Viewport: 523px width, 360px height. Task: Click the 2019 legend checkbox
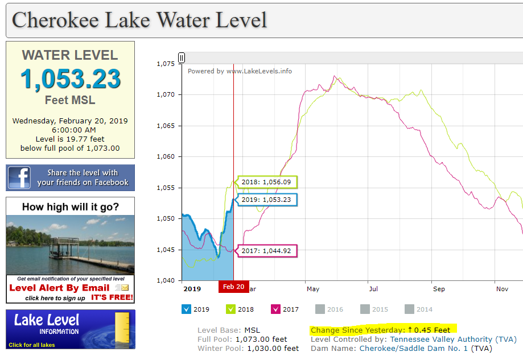point(187,309)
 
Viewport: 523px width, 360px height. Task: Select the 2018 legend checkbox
point(231,309)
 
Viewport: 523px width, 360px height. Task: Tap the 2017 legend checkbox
point(276,309)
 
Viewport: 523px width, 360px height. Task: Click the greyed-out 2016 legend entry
point(329,309)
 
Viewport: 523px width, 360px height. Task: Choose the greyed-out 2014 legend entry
point(419,309)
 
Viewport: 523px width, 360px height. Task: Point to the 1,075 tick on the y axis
point(166,64)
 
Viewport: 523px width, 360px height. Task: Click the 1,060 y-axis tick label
point(166,156)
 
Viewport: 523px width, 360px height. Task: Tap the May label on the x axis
point(313,289)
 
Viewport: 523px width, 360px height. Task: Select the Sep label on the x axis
point(439,289)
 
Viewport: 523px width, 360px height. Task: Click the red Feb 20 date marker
point(234,287)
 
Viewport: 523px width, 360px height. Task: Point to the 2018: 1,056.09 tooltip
point(266,183)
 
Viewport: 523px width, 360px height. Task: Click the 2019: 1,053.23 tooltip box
point(266,200)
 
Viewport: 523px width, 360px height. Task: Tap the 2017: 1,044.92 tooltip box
point(266,251)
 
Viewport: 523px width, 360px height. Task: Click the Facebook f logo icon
point(19,177)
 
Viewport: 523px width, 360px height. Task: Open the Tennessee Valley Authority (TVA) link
point(454,340)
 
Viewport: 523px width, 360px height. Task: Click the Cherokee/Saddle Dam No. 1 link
point(414,348)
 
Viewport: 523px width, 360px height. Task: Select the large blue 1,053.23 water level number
point(71,79)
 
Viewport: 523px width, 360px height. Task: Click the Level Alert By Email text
point(59,288)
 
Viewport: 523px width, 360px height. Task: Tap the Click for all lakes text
point(32,345)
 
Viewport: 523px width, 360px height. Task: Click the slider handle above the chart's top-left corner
point(182,58)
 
